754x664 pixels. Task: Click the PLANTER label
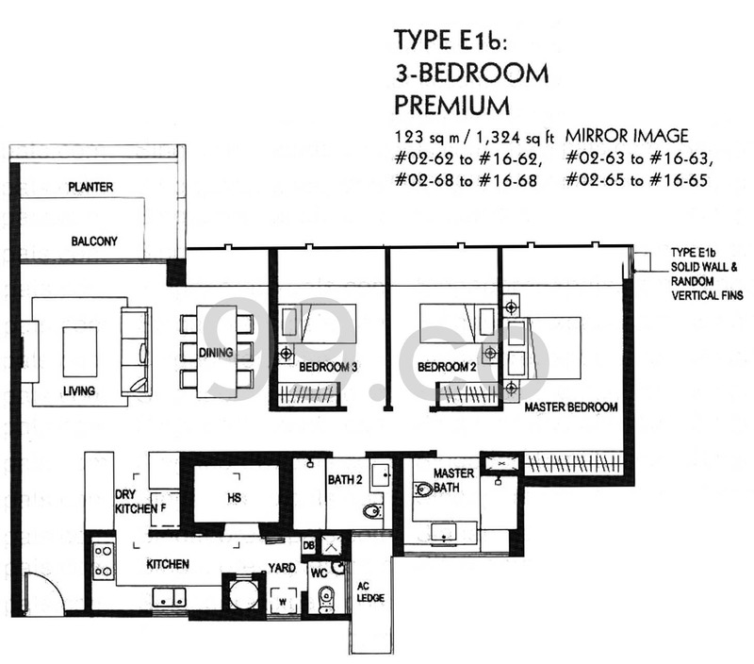[90, 187]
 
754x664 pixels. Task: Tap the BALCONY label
[94, 241]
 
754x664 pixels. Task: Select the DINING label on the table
[216, 353]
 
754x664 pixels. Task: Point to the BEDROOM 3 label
[328, 367]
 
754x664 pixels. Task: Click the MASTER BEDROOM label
[571, 407]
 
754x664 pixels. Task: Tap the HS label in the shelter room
[234, 497]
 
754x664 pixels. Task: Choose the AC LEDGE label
[370, 591]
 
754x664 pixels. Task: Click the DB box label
[309, 545]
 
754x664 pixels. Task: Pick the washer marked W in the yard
[283, 601]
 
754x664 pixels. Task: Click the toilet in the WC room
[326, 600]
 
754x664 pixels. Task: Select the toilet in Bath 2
[373, 510]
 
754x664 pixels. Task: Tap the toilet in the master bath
[423, 490]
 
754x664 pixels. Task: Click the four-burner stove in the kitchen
[104, 560]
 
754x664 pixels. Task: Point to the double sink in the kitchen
[170, 597]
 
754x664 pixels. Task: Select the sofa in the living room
[136, 352]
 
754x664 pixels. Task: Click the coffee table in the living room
[80, 352]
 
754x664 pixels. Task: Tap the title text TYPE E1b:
[451, 40]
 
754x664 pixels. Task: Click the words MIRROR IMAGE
[627, 136]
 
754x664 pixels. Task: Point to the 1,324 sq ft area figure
[515, 138]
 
